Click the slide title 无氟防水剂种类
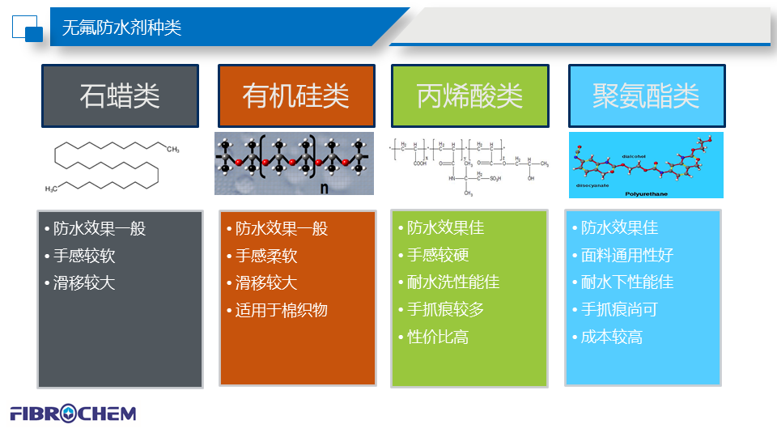point(121,28)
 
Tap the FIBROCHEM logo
point(73,414)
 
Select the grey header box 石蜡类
point(120,95)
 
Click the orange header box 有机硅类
point(295,95)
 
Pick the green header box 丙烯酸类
point(469,95)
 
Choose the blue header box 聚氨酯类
point(645,95)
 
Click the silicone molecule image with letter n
point(294,163)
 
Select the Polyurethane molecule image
point(645,165)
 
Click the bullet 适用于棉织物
point(281,310)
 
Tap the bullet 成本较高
point(612,337)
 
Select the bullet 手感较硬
point(438,256)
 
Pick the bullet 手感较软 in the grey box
point(84,257)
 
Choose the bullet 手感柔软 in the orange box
point(266,257)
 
